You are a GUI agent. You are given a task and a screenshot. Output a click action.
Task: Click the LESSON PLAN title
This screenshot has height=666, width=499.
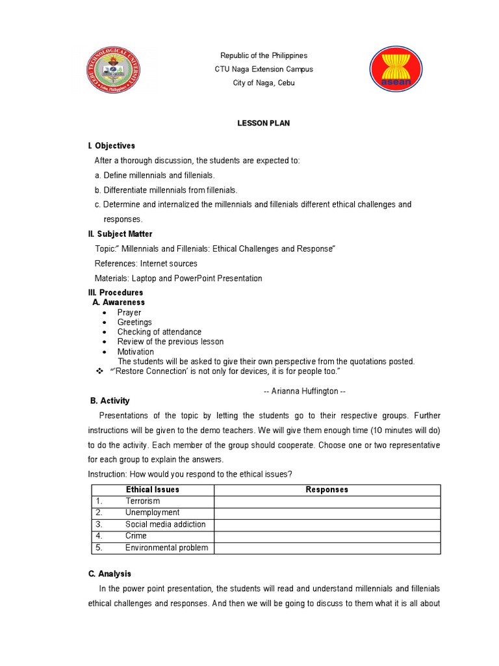[264, 123]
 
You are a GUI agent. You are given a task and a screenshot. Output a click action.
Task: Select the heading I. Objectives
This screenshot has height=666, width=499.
[112, 146]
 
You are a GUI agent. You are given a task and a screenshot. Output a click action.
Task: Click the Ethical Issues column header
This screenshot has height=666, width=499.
[153, 490]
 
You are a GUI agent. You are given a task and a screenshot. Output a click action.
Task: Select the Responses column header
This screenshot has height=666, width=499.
[327, 490]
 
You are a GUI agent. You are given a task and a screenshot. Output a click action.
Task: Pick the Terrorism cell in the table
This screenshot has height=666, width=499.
[142, 501]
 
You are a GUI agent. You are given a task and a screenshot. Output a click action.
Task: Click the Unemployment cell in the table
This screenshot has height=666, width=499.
[152, 513]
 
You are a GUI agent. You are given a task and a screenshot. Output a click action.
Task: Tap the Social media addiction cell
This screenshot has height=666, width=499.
[165, 524]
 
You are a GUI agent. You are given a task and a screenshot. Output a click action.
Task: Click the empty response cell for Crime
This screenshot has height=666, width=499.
[327, 536]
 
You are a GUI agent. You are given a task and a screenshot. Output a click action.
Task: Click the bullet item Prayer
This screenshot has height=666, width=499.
[129, 313]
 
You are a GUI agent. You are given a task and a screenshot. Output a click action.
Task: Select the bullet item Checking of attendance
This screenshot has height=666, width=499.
[159, 332]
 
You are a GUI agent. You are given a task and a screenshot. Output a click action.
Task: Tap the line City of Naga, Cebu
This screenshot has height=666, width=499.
[264, 83]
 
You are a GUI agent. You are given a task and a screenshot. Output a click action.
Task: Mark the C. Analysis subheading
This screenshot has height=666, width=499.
[109, 574]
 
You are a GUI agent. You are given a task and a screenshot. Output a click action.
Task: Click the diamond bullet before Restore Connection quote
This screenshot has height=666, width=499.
[100, 371]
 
